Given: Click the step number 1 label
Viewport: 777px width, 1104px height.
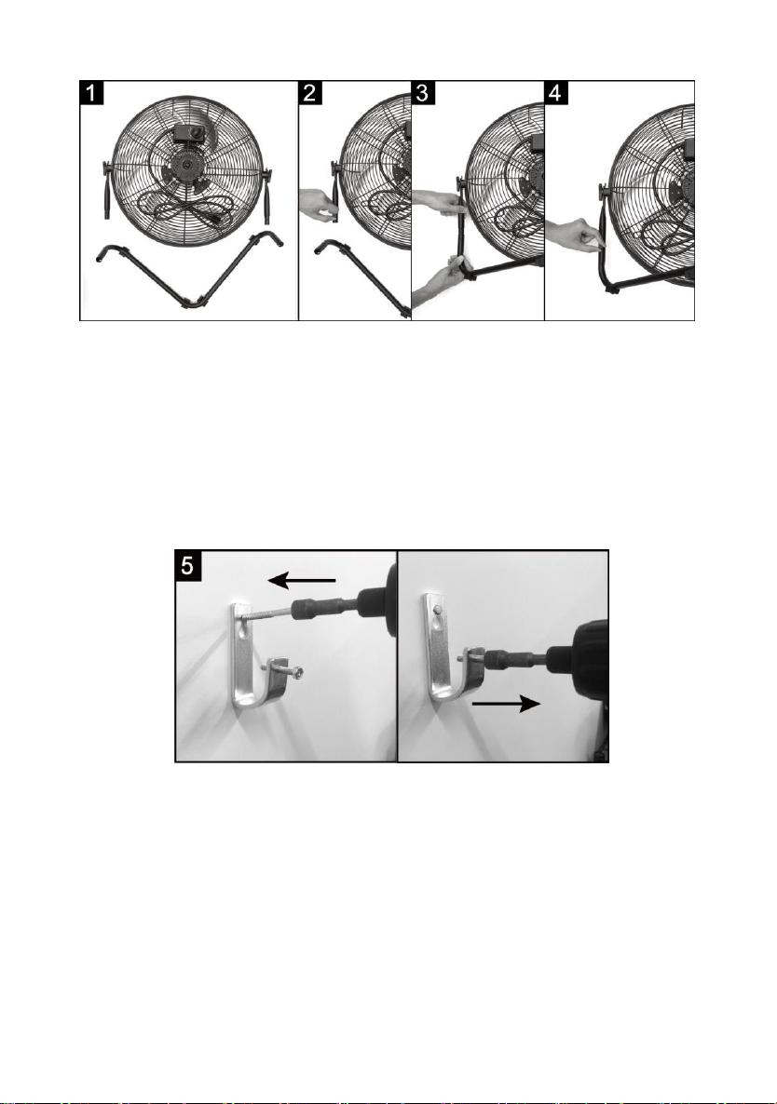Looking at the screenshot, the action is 91,92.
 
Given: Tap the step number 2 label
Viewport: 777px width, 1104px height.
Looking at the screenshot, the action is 310,92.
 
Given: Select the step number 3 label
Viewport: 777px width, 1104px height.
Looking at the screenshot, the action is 423,92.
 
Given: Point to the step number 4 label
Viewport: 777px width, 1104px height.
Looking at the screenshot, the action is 556,92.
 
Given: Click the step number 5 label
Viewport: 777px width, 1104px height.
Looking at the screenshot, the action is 189,565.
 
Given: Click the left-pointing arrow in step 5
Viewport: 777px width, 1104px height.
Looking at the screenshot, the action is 302,580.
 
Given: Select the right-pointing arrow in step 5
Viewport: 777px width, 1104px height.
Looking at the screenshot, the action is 506,703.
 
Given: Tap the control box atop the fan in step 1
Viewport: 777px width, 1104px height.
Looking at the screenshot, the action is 188,134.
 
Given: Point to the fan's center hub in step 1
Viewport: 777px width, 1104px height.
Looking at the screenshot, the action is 187,166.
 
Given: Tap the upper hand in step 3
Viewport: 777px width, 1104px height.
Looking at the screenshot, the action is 438,204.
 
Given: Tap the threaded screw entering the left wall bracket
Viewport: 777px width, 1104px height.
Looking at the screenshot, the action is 267,613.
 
